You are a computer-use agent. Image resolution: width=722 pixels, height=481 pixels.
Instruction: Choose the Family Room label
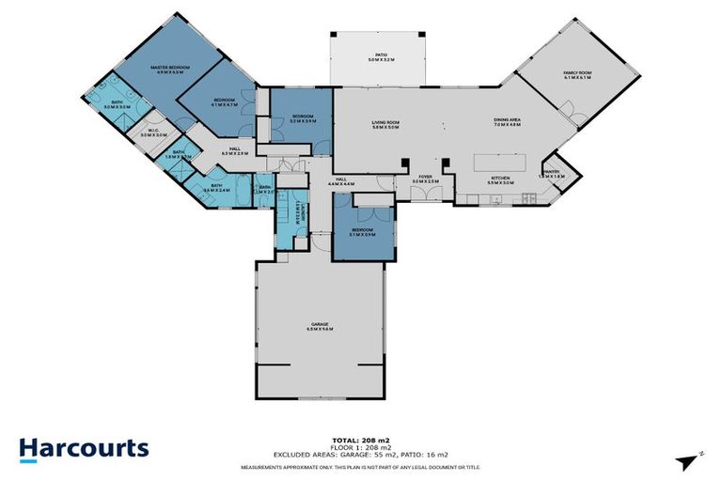coord(576,75)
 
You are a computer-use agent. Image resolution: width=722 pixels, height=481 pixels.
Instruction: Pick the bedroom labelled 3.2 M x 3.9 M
coord(303,118)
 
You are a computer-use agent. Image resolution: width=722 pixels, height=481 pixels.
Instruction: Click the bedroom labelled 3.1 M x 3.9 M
coord(364,231)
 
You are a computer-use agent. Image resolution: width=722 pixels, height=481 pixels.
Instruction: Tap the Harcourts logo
coord(84,448)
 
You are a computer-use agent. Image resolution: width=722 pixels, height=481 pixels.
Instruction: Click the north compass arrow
coord(688,458)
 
